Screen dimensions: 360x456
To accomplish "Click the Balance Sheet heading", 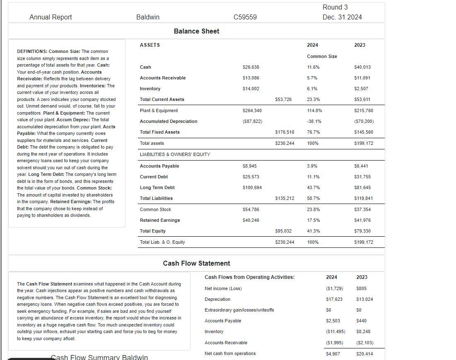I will click(x=196, y=31).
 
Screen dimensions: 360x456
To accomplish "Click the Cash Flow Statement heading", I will click(x=196, y=263).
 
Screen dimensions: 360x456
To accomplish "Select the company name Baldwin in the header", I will click(x=148, y=17).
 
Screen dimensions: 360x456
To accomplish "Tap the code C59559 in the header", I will click(x=245, y=17).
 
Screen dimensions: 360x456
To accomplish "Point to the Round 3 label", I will click(x=335, y=7).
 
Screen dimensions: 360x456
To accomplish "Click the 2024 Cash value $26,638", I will click(x=251, y=67).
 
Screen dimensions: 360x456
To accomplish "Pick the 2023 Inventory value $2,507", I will click(x=361, y=89).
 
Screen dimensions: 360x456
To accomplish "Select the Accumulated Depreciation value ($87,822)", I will click(x=252, y=121).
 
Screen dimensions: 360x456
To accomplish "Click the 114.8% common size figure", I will click(x=314, y=110).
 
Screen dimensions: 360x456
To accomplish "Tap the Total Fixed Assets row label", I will click(x=160, y=132).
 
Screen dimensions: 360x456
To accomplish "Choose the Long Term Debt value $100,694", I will click(x=252, y=187).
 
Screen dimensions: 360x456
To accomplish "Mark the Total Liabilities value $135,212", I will click(x=285, y=198).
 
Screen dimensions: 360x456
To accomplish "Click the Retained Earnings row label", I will click(x=160, y=220).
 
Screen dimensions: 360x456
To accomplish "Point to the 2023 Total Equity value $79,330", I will click(x=362, y=231).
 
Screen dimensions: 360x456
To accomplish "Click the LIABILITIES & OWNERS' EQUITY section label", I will click(x=175, y=154).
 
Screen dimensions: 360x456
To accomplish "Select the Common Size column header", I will click(x=322, y=56).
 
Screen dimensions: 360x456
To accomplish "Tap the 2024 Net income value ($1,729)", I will click(x=334, y=288).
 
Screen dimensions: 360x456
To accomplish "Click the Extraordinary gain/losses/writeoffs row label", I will click(x=239, y=310).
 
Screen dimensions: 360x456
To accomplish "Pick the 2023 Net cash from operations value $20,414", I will click(x=364, y=353).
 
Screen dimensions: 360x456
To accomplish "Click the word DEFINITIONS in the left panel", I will click(x=32, y=51).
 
